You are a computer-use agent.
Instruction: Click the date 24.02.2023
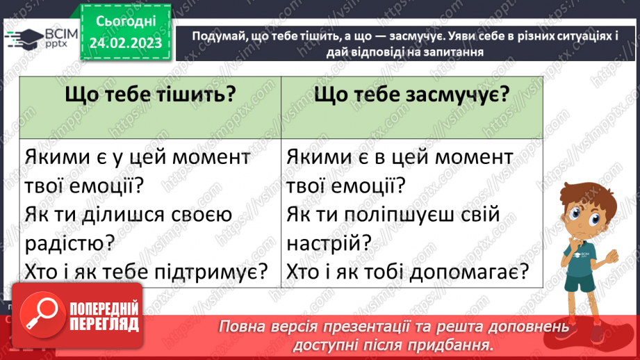click(126, 43)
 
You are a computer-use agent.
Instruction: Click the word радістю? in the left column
click(67, 243)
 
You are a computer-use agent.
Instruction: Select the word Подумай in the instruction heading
click(219, 38)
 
